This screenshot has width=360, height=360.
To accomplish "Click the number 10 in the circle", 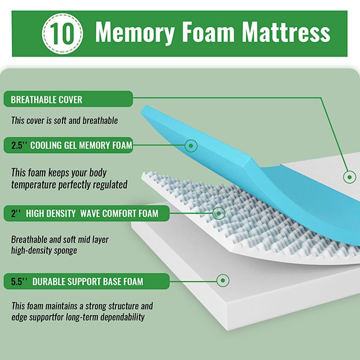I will pyautogui.click(x=64, y=33).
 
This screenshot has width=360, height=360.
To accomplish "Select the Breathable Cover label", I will pyautogui.click(x=47, y=100).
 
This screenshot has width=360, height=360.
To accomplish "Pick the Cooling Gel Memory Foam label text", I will pyautogui.click(x=81, y=146).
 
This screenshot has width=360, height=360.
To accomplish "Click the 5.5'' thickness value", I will pyautogui.click(x=19, y=281).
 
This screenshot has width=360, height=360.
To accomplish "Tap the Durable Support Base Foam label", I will pyautogui.click(x=87, y=281).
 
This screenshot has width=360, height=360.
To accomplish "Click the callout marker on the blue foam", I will pyautogui.click(x=191, y=146).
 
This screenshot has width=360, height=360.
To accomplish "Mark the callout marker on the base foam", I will pyautogui.click(x=223, y=280).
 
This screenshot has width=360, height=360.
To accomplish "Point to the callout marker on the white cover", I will pyautogui.click(x=349, y=177).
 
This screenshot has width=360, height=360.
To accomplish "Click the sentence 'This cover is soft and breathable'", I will pyautogui.click(x=65, y=120).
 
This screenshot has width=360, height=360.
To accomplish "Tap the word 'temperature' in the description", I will pyautogui.click(x=33, y=184).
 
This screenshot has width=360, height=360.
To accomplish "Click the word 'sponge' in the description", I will pyautogui.click(x=64, y=250).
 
